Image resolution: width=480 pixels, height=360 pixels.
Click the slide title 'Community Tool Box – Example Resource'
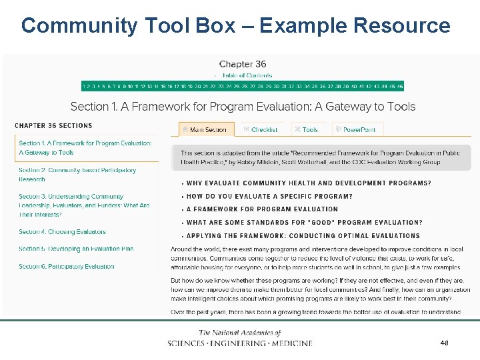click(x=235, y=26)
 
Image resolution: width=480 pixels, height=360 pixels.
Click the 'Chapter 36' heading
click(x=242, y=64)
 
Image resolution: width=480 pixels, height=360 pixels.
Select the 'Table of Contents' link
click(x=247, y=75)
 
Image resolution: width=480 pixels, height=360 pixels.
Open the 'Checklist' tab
click(x=264, y=129)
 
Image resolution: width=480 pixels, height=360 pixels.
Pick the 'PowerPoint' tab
click(x=359, y=129)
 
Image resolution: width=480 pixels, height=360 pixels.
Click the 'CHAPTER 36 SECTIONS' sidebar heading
click(x=53, y=125)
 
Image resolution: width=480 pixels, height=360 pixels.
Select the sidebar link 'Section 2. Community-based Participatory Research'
click(x=77, y=175)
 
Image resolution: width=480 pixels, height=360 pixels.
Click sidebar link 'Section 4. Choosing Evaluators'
click(x=62, y=232)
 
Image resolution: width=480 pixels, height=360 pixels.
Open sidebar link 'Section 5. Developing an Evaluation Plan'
click(x=76, y=249)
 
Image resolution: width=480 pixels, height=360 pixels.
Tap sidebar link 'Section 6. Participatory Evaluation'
click(x=66, y=267)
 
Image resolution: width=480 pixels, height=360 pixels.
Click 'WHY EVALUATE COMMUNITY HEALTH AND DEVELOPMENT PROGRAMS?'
click(x=309, y=183)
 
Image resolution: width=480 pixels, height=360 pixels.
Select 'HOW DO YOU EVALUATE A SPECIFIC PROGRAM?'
click(x=269, y=197)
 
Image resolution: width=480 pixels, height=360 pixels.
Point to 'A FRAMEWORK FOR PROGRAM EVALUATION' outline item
click(x=262, y=209)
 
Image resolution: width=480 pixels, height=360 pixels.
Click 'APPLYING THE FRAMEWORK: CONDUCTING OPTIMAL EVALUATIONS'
click(x=303, y=235)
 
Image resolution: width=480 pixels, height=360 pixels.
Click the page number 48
click(x=444, y=342)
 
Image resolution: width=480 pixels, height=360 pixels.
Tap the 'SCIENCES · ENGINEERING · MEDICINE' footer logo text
click(x=240, y=343)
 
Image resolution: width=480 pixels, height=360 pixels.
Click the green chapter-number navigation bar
click(x=242, y=86)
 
